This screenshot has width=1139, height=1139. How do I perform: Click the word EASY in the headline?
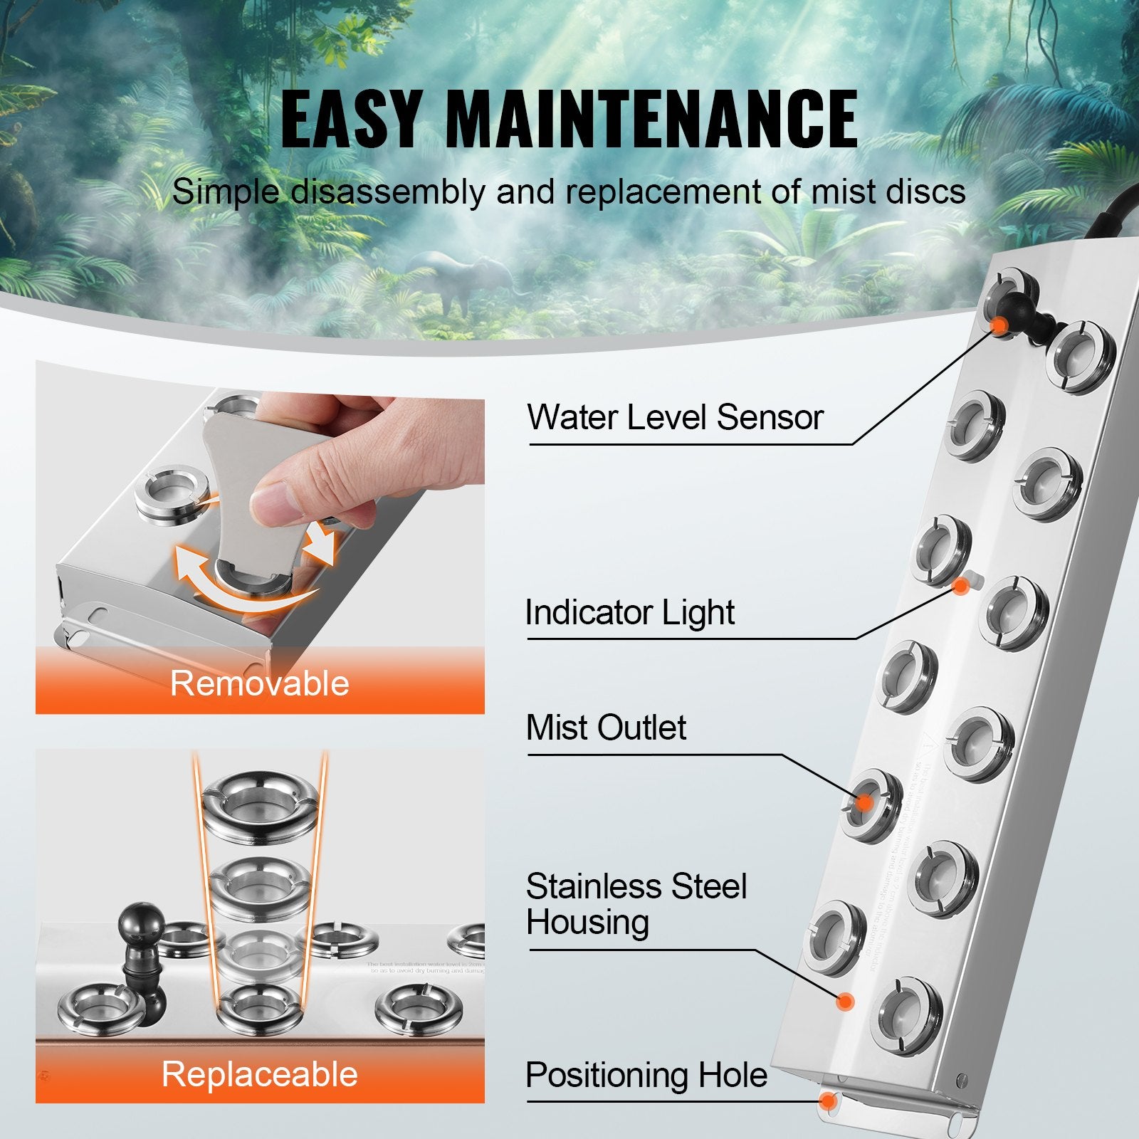[x=351, y=120]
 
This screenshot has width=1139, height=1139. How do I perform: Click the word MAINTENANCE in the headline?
[x=651, y=120]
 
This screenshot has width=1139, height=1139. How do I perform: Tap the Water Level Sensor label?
[x=675, y=417]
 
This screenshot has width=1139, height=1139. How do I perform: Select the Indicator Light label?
[x=629, y=612]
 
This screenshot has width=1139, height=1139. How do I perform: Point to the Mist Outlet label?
[x=606, y=728]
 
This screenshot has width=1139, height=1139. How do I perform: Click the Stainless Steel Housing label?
[x=636, y=904]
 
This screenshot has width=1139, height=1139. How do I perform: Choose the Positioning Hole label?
[x=646, y=1075]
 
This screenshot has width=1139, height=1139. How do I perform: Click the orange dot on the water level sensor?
[x=999, y=325]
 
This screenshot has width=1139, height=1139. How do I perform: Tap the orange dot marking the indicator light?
[x=960, y=586]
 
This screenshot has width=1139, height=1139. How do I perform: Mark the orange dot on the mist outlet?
[x=864, y=802]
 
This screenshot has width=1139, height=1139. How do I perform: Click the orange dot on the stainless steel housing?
[x=845, y=1002]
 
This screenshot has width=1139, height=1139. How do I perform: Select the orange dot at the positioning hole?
[x=828, y=1101]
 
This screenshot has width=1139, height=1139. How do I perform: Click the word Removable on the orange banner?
[x=260, y=683]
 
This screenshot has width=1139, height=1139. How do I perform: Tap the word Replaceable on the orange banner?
[x=260, y=1074]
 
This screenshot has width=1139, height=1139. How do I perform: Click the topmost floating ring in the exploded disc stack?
[x=260, y=804]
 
